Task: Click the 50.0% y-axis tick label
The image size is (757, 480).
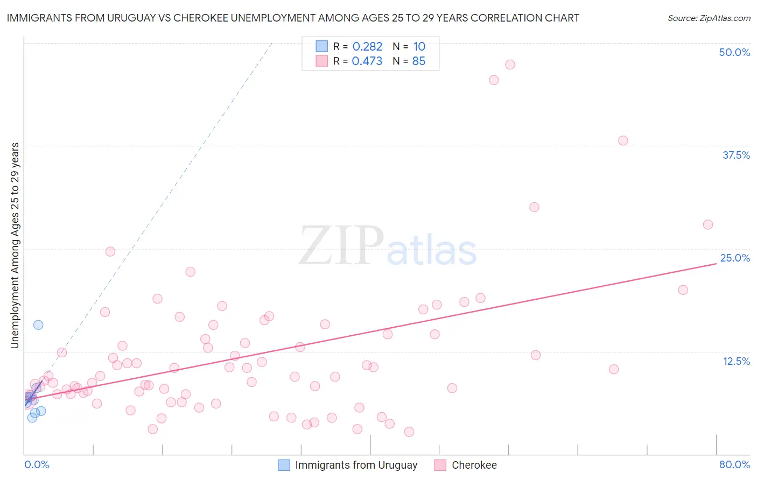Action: pyautogui.click(x=734, y=53)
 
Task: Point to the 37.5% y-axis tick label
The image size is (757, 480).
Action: pyautogui.click(x=736, y=156)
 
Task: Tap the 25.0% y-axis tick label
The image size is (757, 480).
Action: pyautogui.click(x=735, y=258)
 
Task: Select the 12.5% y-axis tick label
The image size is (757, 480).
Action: pyautogui.click(x=736, y=361)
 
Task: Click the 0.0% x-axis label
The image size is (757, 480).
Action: pyautogui.click(x=37, y=465)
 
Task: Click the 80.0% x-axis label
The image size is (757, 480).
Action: pyautogui.click(x=734, y=465)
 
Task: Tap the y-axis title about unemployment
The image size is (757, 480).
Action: pyautogui.click(x=15, y=245)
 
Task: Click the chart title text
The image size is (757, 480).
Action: pyautogui.click(x=293, y=18)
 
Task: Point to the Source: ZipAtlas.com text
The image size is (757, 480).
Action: pyautogui.click(x=709, y=18)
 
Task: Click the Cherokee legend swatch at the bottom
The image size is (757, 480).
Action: pyautogui.click(x=440, y=465)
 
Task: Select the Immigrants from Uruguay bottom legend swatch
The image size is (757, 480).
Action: pyautogui.click(x=284, y=465)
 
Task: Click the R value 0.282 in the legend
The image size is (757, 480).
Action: pyautogui.click(x=367, y=47)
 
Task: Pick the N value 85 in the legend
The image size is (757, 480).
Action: pyautogui.click(x=418, y=61)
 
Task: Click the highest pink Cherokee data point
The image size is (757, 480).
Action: pyautogui.click(x=510, y=65)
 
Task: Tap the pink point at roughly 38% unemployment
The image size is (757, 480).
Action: pyautogui.click(x=623, y=140)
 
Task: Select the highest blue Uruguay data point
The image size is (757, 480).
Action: pyautogui.click(x=38, y=325)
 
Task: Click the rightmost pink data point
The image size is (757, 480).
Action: pyautogui.click(x=708, y=225)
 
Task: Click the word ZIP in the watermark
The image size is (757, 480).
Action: pyautogui.click(x=341, y=246)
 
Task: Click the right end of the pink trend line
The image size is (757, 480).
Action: pyautogui.click(x=716, y=264)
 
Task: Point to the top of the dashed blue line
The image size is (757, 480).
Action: pyautogui.click(x=271, y=43)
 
